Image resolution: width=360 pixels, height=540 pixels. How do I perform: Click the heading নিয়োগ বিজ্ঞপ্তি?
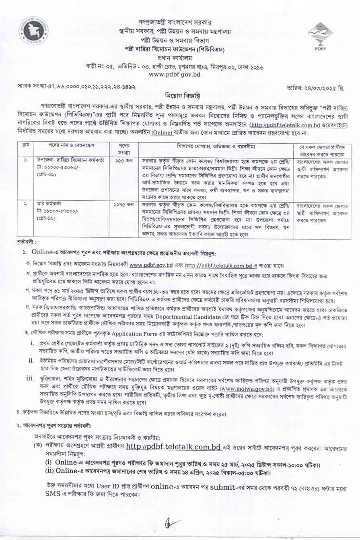(x=179, y=96)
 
